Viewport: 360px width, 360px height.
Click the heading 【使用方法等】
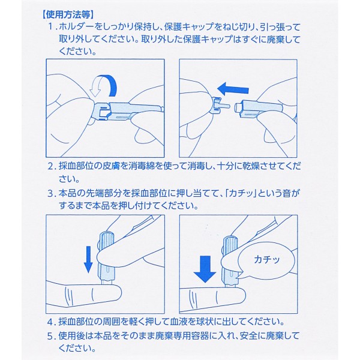pos(67,15)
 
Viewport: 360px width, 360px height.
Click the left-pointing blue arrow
pos(233,89)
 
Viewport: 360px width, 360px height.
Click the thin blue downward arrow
pos(88,259)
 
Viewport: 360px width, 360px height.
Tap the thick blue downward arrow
pos(205,269)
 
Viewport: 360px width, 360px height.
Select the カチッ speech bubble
pos(266,260)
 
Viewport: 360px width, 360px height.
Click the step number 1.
pos(51,28)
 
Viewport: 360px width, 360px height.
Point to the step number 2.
pos(51,166)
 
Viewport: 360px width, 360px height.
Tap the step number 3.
pos(51,193)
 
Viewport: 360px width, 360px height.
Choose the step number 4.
pos(51,322)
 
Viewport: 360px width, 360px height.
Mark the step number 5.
pos(51,336)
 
